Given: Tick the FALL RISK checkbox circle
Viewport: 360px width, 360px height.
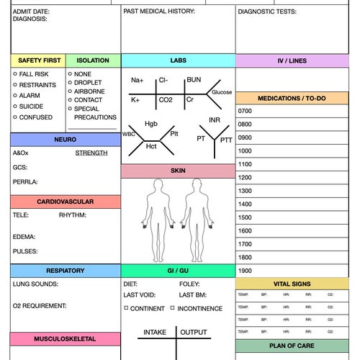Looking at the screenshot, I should click(15, 74).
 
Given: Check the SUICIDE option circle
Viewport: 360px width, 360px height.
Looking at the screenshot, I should click(15, 107).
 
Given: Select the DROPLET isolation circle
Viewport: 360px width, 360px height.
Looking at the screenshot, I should click(70, 83).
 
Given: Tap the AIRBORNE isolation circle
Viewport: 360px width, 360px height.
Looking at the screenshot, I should click(70, 91).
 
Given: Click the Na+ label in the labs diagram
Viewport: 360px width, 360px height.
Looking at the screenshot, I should click(137, 81).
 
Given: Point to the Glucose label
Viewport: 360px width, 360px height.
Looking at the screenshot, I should click(222, 92).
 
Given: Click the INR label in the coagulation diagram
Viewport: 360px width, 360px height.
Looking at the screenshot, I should click(214, 120).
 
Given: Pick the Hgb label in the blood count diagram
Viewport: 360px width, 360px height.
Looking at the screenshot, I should click(150, 124).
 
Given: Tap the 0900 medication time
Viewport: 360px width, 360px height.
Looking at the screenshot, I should click(245, 138).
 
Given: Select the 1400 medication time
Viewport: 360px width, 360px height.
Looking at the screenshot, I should click(245, 204).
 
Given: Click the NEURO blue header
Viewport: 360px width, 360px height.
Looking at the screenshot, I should click(66, 139).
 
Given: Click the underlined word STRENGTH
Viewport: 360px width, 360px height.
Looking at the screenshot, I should click(91, 153).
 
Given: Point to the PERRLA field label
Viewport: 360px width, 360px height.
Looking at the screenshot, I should click(25, 182).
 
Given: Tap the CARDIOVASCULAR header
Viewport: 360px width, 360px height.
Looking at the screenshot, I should click(66, 202).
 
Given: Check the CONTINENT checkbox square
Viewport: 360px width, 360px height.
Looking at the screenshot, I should click(126, 307).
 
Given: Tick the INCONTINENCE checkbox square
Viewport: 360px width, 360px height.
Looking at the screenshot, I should click(173, 307).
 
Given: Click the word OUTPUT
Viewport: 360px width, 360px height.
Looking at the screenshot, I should click(193, 332).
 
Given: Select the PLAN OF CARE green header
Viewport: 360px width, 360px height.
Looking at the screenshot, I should click(297, 346).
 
